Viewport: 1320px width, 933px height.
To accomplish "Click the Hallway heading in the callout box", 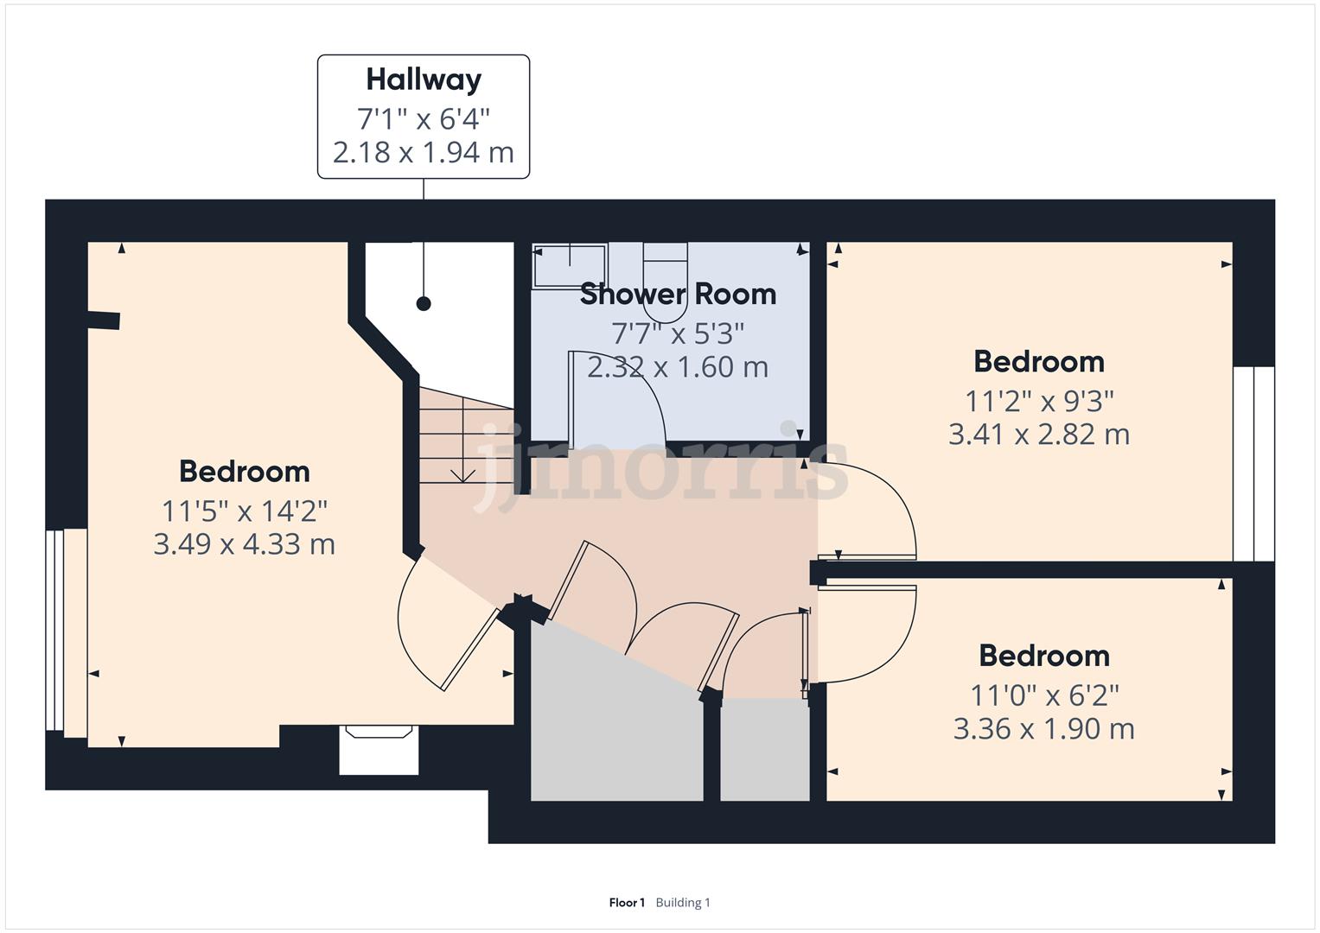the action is coord(424,80).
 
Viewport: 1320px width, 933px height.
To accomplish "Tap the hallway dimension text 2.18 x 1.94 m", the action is coord(424,153).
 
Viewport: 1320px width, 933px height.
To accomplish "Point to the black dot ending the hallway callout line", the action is coord(424,304).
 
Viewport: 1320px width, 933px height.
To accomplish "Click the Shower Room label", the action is coord(678,294).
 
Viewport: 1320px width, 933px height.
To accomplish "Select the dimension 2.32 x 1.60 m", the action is coord(678,367).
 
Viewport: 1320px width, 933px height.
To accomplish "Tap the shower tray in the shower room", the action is coord(570,266).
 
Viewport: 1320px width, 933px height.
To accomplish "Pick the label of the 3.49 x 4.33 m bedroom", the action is coord(245,471).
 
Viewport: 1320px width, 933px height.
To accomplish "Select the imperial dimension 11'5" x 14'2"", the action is coord(245,511).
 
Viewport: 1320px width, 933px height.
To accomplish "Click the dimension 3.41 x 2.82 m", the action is coord(1039,435).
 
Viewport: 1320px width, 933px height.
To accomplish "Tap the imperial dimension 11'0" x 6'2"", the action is coord(1044,695).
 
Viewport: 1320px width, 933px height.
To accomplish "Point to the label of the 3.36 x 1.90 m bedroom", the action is coord(1044,656).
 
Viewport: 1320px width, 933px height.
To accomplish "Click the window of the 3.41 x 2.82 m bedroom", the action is coord(1254,464).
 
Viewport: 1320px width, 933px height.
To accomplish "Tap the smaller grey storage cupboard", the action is coord(765,750).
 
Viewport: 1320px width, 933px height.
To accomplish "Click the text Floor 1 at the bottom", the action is coord(627,903).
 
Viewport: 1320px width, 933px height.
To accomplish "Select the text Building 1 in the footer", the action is coord(683,903).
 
